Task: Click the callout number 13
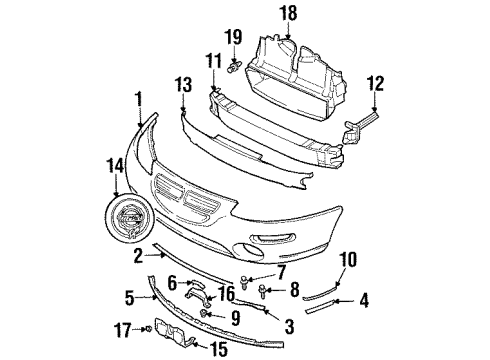184,84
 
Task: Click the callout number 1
138,99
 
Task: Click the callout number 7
281,272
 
